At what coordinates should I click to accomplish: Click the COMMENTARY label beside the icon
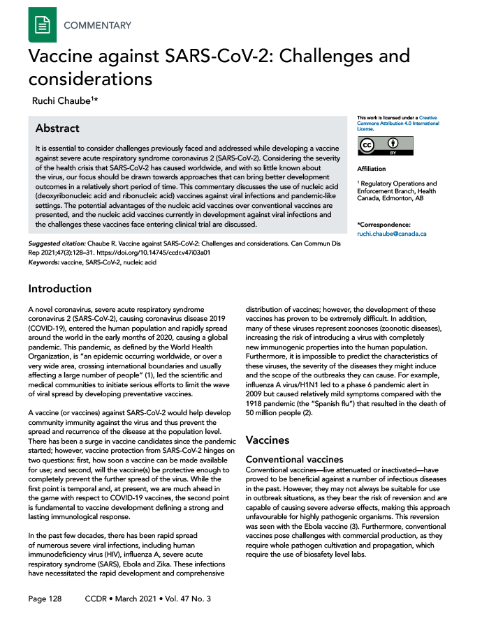pyautogui.click(x=97, y=26)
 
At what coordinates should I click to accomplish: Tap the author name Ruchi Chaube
pyautogui.click(x=64, y=100)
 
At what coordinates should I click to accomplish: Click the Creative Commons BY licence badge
pyautogui.click(x=385, y=146)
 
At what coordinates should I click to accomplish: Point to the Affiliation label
pyautogui.click(x=372, y=169)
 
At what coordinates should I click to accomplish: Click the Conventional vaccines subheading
pyautogui.click(x=295, y=459)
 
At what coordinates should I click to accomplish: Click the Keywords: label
pyautogui.click(x=43, y=263)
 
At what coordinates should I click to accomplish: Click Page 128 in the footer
pyautogui.click(x=45, y=599)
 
